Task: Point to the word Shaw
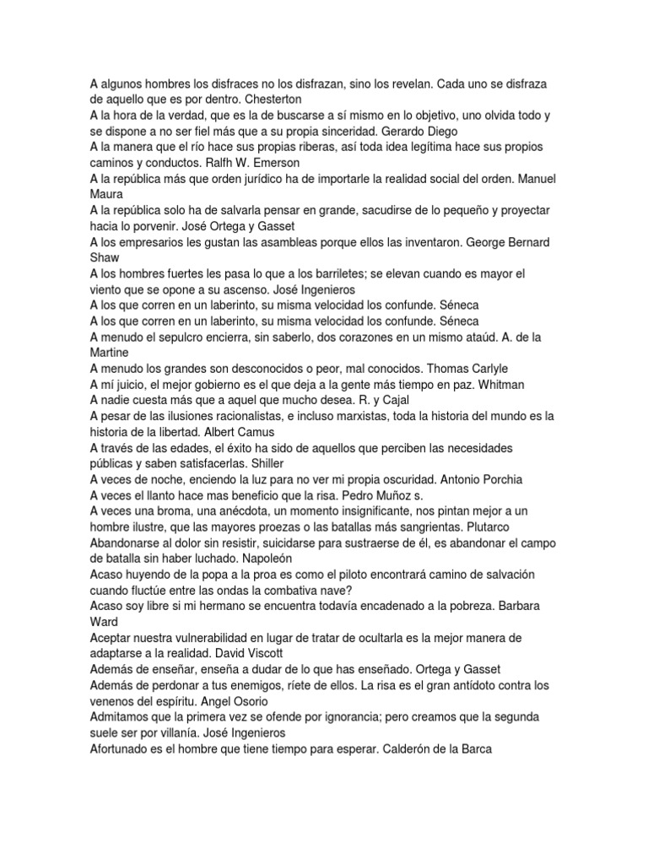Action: click(x=105, y=258)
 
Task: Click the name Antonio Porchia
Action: click(x=474, y=479)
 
